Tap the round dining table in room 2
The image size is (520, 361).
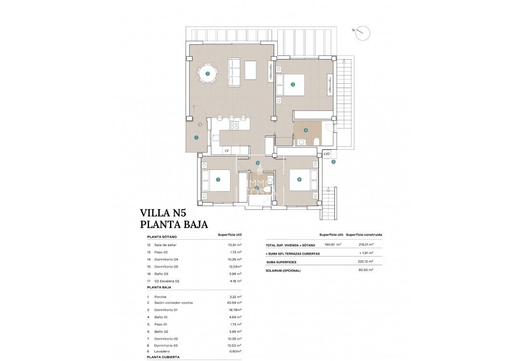click(208, 74)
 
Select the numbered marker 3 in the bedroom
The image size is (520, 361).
click(293, 84)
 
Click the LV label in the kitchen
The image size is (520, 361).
click(227, 151)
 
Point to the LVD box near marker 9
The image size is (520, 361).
click(327, 154)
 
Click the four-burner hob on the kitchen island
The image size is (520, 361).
click(234, 126)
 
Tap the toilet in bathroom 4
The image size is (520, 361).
click(317, 141)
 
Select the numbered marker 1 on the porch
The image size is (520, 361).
click(196, 138)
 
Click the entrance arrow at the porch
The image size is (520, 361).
click(199, 124)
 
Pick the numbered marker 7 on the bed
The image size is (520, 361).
click(218, 180)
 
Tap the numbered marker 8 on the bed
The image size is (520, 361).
click(299, 180)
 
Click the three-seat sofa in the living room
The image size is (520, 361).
click(234, 73)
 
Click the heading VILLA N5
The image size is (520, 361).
click(162, 212)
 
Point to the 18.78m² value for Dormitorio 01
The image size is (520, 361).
click(234, 310)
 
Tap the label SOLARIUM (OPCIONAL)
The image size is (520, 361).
click(283, 271)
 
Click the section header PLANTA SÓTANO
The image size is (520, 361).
click(162, 237)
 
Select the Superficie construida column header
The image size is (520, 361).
click(364, 234)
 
